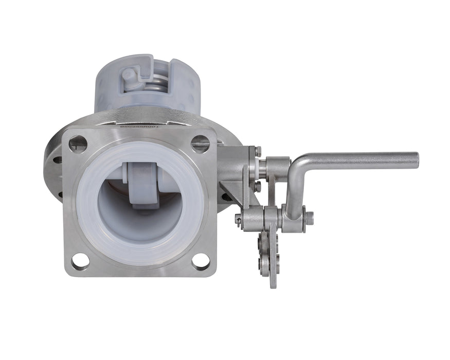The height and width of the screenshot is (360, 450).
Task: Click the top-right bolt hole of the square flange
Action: tap(200, 143)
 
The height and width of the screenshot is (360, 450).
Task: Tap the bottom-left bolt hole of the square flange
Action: tap(80, 261)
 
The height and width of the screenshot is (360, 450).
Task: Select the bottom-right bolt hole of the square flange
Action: tap(201, 261)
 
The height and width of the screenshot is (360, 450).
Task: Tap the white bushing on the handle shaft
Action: tap(263, 168)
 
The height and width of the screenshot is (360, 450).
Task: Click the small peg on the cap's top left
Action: tap(129, 75)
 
